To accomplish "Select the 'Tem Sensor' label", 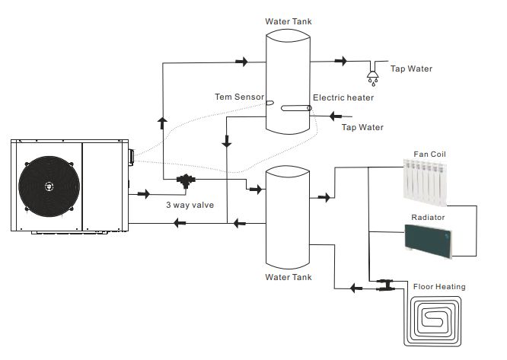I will [239, 97].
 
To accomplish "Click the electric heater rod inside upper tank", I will [293, 109].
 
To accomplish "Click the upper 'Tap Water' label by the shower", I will [411, 69].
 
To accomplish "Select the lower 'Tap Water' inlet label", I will [362, 127].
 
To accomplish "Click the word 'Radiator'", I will [427, 217].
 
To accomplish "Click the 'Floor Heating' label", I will [439, 287].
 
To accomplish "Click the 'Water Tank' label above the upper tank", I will [287, 20].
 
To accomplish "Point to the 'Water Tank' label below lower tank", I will [287, 277].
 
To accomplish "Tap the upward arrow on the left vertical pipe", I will [161, 121].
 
